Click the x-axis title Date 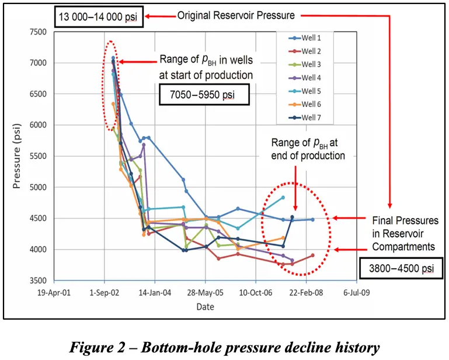coord(204,306)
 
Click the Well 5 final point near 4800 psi coord(283,198)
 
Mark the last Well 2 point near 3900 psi coord(313,255)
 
